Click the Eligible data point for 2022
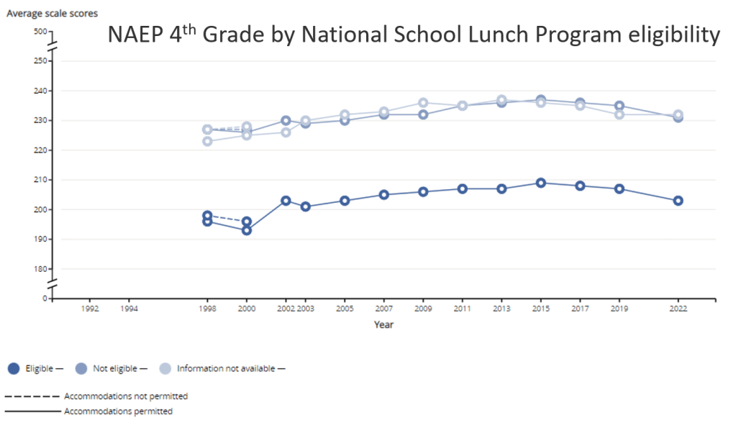click(x=678, y=201)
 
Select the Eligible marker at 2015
click(x=540, y=183)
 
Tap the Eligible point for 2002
click(x=286, y=201)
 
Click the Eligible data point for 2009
click(x=423, y=191)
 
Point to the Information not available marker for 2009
click(x=423, y=103)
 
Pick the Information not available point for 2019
click(x=619, y=114)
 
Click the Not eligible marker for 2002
click(x=286, y=121)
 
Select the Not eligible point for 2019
click(x=619, y=106)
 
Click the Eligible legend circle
click(x=14, y=368)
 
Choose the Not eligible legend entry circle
click(x=81, y=368)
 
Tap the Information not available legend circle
click(x=165, y=368)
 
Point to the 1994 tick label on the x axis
click(x=129, y=309)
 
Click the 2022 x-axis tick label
click(x=678, y=309)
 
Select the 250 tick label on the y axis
click(x=40, y=61)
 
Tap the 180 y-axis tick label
click(x=40, y=269)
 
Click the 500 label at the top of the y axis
click(x=40, y=32)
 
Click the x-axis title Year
click(x=383, y=324)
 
